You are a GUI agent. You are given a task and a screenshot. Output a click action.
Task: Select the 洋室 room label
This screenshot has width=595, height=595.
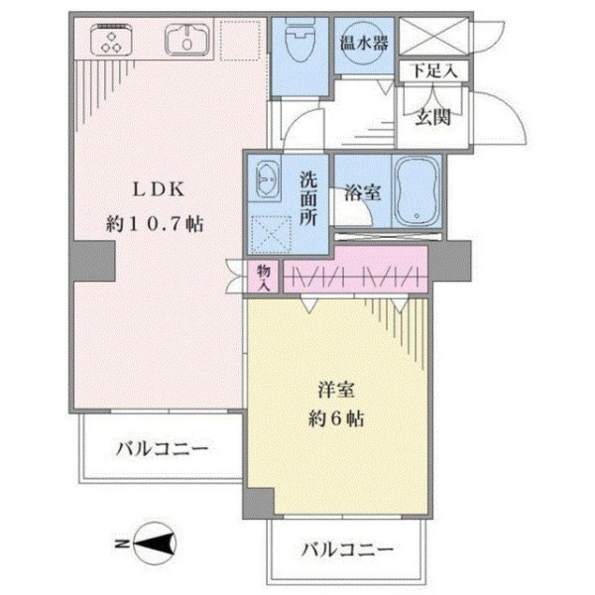(332, 386)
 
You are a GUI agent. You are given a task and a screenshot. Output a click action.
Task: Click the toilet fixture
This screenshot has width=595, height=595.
(297, 45)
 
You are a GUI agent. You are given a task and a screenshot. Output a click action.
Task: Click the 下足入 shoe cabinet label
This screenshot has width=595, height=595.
(434, 71)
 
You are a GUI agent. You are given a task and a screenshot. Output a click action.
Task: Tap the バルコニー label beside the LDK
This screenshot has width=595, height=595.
(160, 449)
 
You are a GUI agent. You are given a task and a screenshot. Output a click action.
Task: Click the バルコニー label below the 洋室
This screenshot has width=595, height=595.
(346, 548)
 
